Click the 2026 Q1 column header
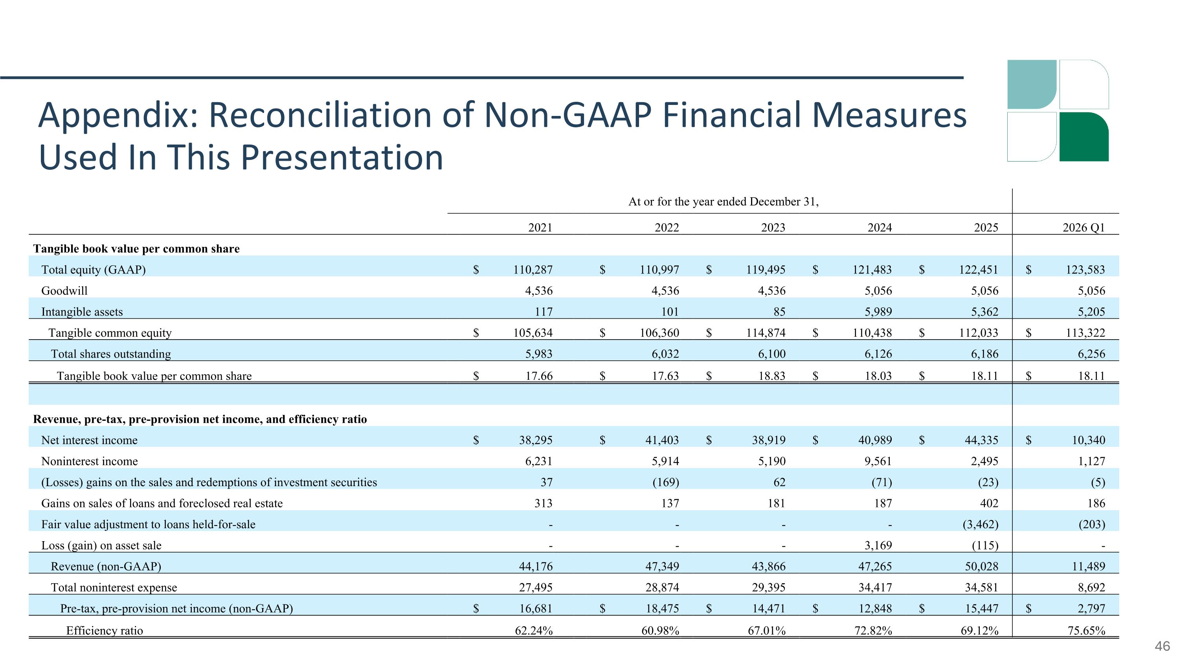pos(1084,228)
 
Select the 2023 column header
pos(773,228)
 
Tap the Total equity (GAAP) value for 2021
pos(533,270)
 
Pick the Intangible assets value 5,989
pos(878,312)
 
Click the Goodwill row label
pos(64,290)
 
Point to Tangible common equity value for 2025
pos(979,332)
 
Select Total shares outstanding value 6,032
pos(665,354)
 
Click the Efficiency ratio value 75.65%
pos(1086,630)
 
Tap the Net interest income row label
pos(89,440)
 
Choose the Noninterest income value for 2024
pos(878,461)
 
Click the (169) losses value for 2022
pos(666,482)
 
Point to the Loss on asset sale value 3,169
pos(878,545)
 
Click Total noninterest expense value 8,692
pos(1092,588)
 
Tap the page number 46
pos(1162,646)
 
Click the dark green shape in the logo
pos(1084,137)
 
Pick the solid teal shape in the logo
pos(1032,84)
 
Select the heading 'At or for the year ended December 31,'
pos(723,202)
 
